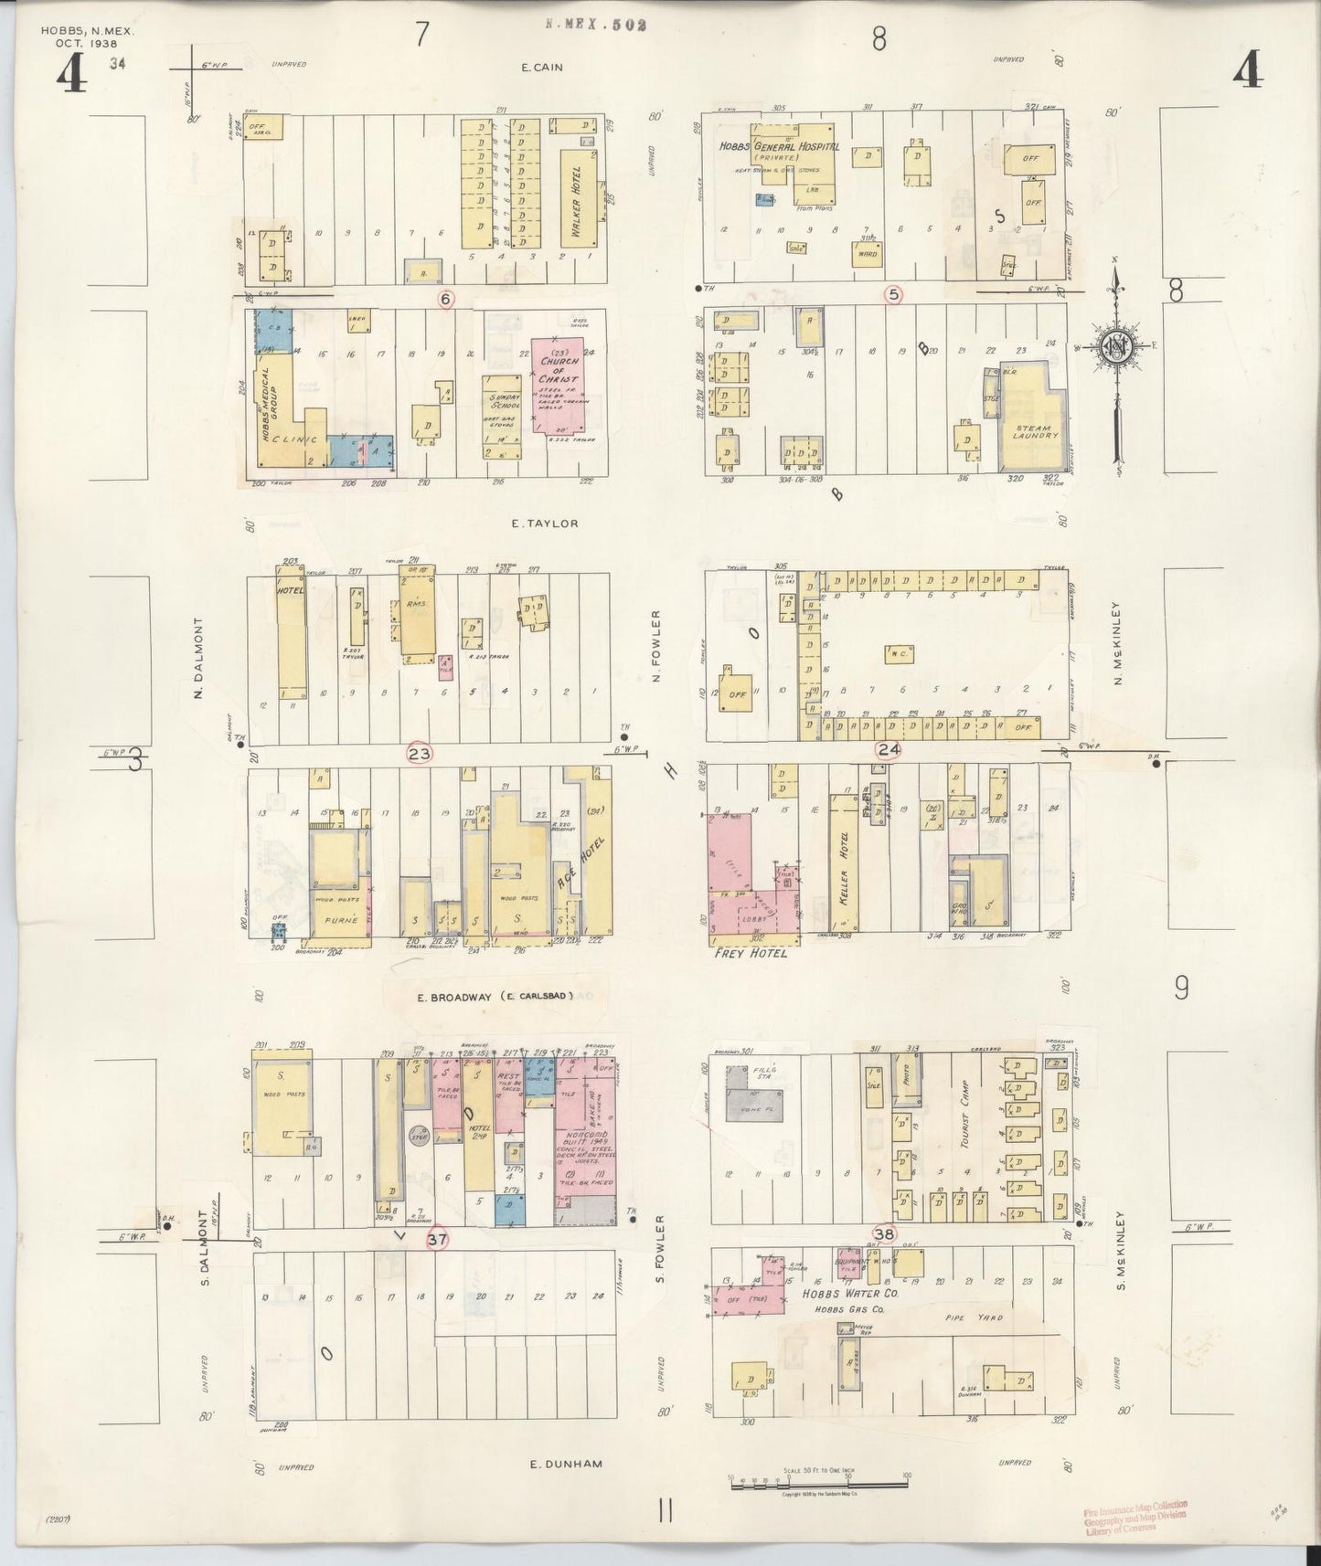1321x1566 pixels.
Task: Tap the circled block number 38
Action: pyautogui.click(x=884, y=1231)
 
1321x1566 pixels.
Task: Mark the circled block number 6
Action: pyautogui.click(x=446, y=299)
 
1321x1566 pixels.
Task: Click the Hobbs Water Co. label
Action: pyautogui.click(x=844, y=1294)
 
